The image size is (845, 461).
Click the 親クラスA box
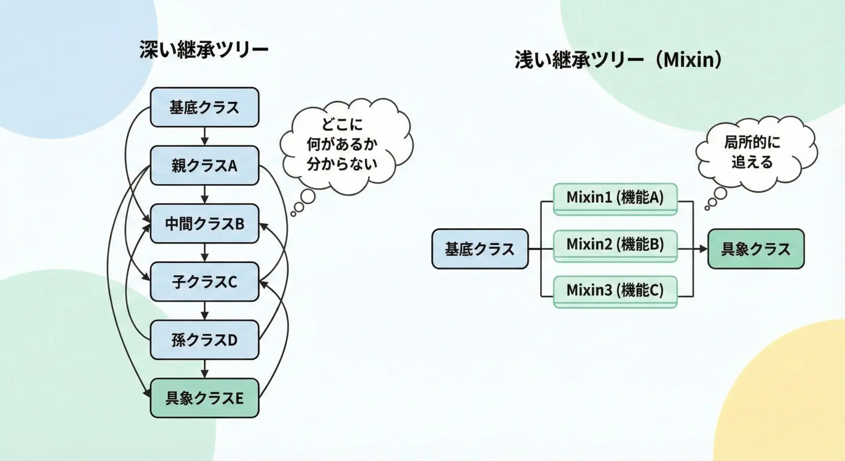(204, 166)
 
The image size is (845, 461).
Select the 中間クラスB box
(204, 224)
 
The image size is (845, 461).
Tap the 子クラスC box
(204, 282)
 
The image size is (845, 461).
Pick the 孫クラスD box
(204, 340)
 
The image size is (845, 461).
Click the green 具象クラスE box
(204, 398)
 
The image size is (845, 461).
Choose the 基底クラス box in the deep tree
(204, 107)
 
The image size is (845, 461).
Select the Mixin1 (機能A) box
(615, 198)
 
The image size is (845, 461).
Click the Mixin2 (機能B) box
(615, 245)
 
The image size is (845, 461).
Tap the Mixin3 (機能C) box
(615, 291)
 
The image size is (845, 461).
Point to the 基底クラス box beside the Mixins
(480, 249)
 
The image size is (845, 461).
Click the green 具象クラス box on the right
(756, 249)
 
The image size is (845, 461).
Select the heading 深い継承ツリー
(204, 49)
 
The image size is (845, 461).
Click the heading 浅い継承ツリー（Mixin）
(618, 59)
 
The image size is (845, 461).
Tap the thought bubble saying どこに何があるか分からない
(343, 144)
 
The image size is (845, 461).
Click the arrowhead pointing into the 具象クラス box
(703, 249)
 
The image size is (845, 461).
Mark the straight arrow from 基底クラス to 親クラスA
(204, 136)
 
